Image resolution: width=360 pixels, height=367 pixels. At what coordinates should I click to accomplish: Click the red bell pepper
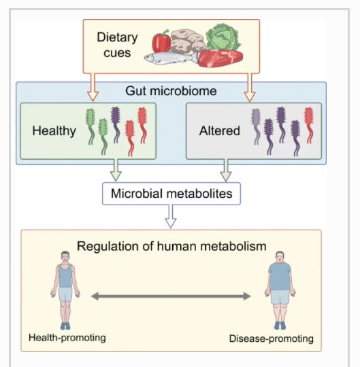161,41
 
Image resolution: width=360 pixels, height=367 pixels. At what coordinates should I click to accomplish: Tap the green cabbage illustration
223,37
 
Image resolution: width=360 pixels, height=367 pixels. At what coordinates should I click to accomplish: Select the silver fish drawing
171,58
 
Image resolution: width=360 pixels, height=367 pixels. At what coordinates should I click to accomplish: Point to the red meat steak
220,58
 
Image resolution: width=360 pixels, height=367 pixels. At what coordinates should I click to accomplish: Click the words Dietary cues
117,45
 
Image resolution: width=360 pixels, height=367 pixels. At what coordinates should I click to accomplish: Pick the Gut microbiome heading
171,91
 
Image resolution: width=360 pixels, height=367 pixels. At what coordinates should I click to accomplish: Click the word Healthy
54,131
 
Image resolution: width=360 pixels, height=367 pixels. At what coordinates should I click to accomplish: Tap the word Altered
220,130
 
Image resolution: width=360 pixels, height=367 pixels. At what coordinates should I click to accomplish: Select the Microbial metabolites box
171,194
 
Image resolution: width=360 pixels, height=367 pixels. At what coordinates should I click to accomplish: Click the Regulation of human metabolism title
171,246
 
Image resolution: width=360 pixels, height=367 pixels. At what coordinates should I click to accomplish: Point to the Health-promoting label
67,338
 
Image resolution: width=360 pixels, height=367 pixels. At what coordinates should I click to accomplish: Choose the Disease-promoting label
271,338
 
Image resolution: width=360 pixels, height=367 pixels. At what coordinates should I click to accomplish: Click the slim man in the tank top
65,290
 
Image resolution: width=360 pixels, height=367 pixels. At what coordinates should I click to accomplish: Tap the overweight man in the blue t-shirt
280,290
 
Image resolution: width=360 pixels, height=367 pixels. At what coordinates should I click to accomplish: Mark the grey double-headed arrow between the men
171,296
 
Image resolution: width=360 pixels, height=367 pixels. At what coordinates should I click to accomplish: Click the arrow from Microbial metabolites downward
171,216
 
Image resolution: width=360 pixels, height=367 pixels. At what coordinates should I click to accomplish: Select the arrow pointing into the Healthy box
93,87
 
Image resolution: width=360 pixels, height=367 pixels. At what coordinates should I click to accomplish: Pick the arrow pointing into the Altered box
250,87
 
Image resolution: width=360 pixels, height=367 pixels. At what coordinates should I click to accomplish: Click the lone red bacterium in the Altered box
309,125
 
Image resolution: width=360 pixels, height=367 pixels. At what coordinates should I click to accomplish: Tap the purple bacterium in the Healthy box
116,124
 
